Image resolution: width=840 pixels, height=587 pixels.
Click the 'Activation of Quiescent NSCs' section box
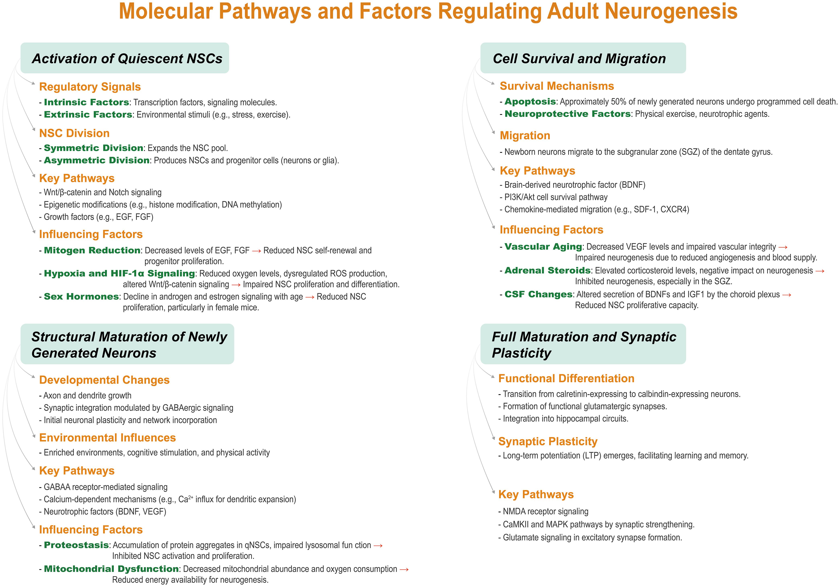(125, 58)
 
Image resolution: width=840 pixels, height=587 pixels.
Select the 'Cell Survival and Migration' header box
(583, 58)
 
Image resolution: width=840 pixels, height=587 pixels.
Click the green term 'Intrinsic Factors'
(86, 102)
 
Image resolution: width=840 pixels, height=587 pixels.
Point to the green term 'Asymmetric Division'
(97, 160)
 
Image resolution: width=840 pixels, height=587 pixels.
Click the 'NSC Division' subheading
(74, 133)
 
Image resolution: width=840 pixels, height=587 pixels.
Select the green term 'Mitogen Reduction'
(92, 250)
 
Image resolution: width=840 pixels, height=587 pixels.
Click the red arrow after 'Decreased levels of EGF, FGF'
(256, 251)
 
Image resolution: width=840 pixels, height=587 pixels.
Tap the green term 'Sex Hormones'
(81, 297)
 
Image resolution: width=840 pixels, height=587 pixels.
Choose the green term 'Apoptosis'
(530, 102)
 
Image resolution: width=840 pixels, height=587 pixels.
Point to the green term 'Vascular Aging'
(543, 247)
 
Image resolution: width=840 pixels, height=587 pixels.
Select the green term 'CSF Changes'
(538, 294)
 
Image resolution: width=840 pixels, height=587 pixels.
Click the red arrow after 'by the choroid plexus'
(787, 295)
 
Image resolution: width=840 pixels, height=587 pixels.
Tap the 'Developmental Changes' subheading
(104, 380)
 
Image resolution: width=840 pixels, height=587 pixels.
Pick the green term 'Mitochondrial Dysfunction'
(111, 569)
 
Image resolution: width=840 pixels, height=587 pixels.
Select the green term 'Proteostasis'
(76, 545)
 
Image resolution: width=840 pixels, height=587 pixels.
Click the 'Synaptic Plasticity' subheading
(548, 441)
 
